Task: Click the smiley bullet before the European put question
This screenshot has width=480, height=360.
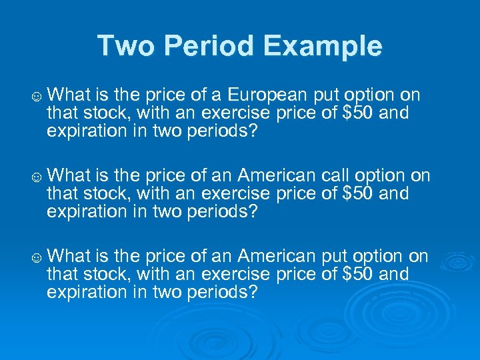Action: click(x=38, y=97)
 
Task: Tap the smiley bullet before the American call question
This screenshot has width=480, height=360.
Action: click(x=38, y=177)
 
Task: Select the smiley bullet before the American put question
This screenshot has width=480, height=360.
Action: click(x=38, y=257)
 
